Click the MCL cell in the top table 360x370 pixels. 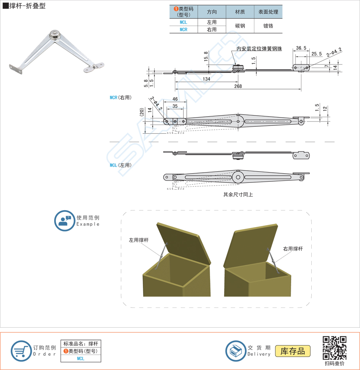(183, 22)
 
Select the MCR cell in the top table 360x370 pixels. (183, 30)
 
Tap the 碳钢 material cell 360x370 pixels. (240, 26)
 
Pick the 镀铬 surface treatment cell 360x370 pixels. (268, 26)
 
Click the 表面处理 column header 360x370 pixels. (268, 12)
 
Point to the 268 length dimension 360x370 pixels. (238, 86)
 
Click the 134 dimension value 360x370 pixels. (207, 79)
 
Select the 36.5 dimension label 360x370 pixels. (301, 48)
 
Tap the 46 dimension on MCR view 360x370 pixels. (175, 99)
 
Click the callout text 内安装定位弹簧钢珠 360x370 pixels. (259, 49)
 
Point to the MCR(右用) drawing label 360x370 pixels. (121, 97)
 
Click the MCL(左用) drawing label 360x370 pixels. (121, 165)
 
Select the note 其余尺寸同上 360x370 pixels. (238, 194)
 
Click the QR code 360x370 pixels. (334, 348)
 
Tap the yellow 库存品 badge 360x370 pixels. (292, 351)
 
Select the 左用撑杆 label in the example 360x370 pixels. (139, 240)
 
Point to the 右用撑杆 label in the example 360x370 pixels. (293, 249)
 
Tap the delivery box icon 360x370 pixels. (236, 351)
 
